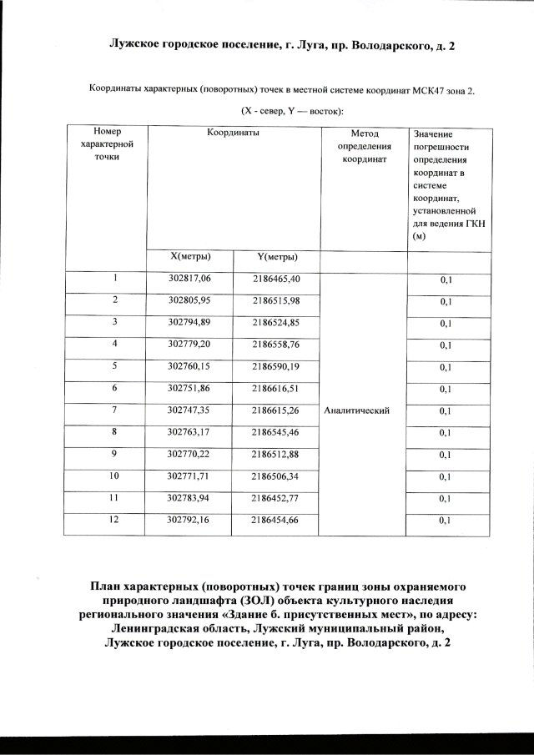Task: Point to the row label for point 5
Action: [114, 365]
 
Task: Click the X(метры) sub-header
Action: [190, 256]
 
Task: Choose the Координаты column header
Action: [233, 133]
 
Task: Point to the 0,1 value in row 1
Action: [446, 280]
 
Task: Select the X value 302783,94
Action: [190, 497]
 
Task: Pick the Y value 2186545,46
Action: [276, 432]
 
